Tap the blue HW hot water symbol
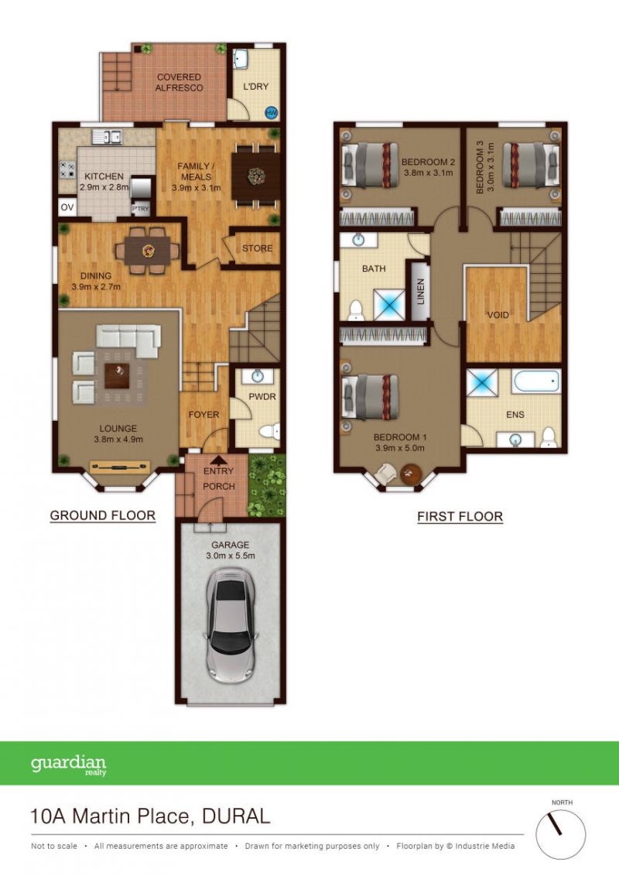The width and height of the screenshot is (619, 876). point(272,112)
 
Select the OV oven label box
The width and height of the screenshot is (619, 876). point(67,207)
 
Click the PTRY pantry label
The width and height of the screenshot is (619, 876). point(141,208)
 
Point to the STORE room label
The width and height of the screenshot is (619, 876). point(257,248)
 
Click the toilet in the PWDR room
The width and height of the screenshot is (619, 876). point(270,431)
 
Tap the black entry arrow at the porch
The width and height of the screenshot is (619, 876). point(218,460)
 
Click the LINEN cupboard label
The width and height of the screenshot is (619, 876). point(421,291)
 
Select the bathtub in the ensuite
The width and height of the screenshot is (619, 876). point(536,382)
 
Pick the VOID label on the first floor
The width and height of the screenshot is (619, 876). point(498,315)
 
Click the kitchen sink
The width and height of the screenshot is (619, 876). point(108,136)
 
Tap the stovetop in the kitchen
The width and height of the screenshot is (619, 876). point(67,169)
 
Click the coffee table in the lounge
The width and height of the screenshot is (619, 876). point(117,375)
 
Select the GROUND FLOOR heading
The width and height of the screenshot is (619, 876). point(103,515)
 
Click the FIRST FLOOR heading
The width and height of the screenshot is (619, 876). point(460,517)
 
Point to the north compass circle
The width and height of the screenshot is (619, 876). point(560,834)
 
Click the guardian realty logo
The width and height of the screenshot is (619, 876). point(68,765)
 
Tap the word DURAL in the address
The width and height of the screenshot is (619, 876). point(236,816)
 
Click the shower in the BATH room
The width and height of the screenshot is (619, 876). point(389,304)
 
